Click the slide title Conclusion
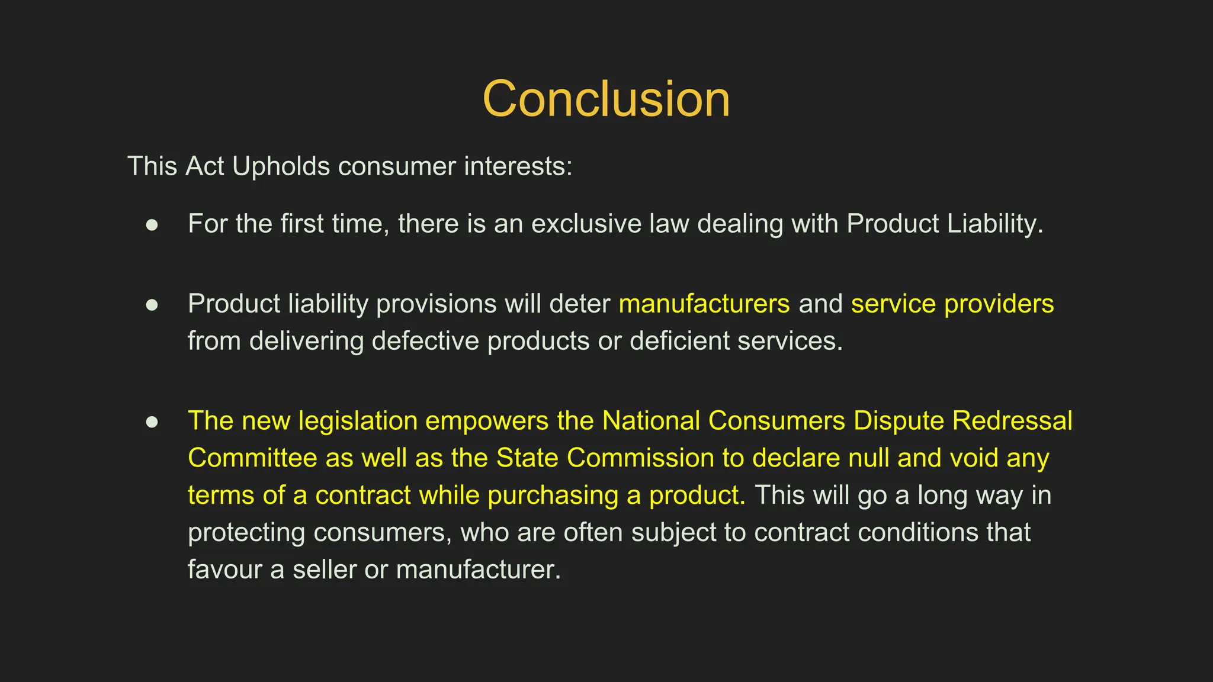pyautogui.click(x=606, y=99)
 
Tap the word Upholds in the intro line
pyautogui.click(x=280, y=166)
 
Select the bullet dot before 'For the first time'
pyautogui.click(x=152, y=225)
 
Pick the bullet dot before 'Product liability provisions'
pyautogui.click(x=152, y=305)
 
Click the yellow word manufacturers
pyautogui.click(x=704, y=304)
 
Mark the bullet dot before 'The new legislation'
pyautogui.click(x=152, y=422)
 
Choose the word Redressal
pyautogui.click(x=1012, y=421)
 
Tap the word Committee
pyautogui.click(x=252, y=458)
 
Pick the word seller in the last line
pyautogui.click(x=324, y=570)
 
